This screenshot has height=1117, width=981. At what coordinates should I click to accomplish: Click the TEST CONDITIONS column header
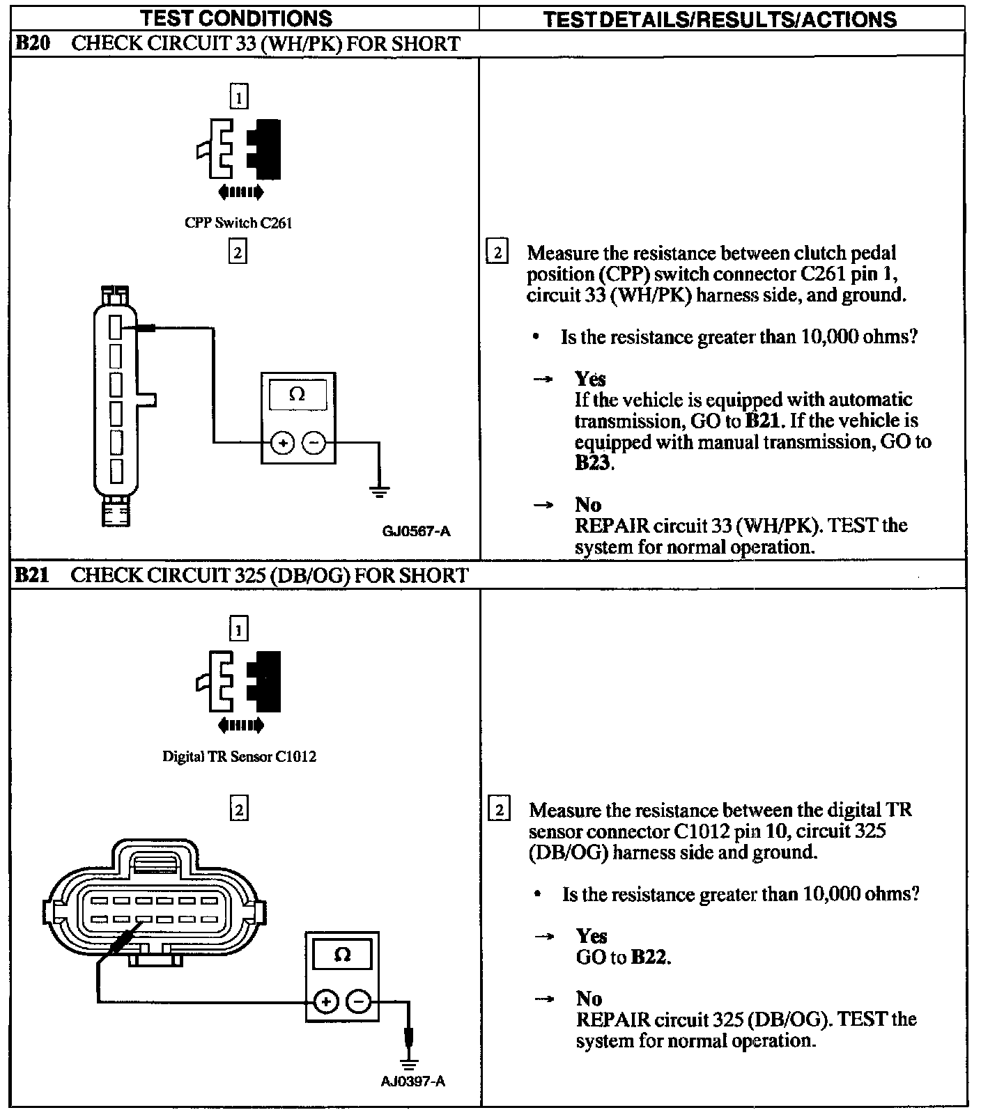[x=237, y=18]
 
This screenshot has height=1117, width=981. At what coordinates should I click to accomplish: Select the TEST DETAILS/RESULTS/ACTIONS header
[x=719, y=19]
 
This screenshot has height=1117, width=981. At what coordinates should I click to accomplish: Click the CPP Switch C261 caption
[x=238, y=223]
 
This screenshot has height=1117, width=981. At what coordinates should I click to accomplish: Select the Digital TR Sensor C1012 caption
[x=239, y=756]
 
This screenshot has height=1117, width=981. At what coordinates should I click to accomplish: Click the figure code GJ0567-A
[x=416, y=531]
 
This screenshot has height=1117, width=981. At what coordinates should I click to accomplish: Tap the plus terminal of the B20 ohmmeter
[x=282, y=443]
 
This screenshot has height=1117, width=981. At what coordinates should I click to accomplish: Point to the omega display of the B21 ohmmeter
[x=342, y=955]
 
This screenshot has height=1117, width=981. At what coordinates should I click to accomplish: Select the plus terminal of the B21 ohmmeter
[x=325, y=1002]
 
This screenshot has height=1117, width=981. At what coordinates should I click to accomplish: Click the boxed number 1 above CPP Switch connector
[x=238, y=96]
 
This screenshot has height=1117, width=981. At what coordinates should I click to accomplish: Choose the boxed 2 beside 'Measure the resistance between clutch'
[x=496, y=251]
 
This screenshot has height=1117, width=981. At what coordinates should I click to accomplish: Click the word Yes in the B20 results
[x=590, y=379]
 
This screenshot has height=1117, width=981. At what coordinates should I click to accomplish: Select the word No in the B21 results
[x=589, y=999]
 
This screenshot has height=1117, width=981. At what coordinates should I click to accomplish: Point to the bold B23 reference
[x=593, y=462]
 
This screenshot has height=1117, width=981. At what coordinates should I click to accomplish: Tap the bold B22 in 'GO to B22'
[x=649, y=958]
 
